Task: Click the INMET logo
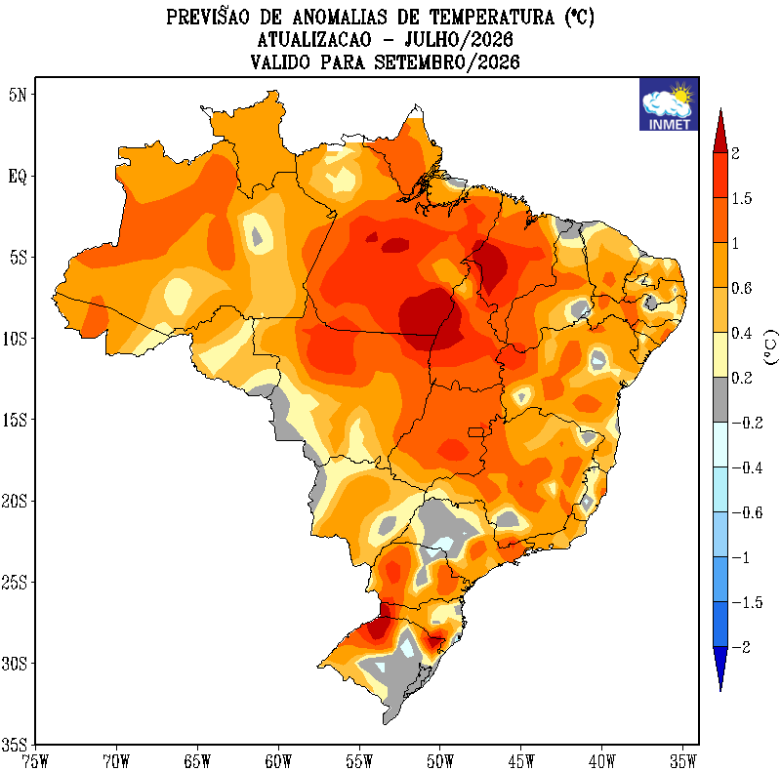pyautogui.click(x=669, y=104)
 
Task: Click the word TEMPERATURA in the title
pyautogui.click(x=492, y=18)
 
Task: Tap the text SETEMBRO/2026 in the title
pyautogui.click(x=447, y=62)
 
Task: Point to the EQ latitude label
pyautogui.click(x=18, y=177)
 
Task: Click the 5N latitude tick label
pyautogui.click(x=18, y=95)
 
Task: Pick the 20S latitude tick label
pyautogui.click(x=14, y=501)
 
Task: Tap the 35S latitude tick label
pyautogui.click(x=14, y=745)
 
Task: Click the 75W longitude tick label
pyautogui.click(x=35, y=761)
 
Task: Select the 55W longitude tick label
pyautogui.click(x=359, y=761)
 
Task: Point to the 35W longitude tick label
pyautogui.click(x=682, y=761)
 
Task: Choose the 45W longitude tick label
pyautogui.click(x=521, y=761)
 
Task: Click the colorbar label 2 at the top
pyautogui.click(x=736, y=153)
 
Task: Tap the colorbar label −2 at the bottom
pyautogui.click(x=741, y=647)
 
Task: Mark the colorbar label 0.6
pyautogui.click(x=742, y=288)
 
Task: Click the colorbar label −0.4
pyautogui.click(x=747, y=467)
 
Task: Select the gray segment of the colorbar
pyautogui.click(x=720, y=400)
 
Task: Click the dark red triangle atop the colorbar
pyautogui.click(x=720, y=132)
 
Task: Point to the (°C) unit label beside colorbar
pyautogui.click(x=770, y=347)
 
